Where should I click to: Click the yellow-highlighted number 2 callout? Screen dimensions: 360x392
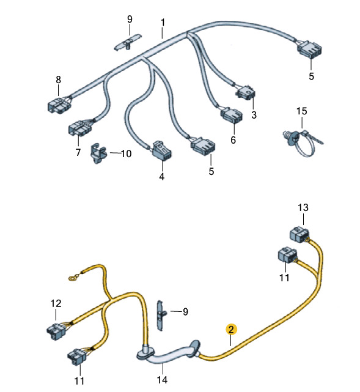231,330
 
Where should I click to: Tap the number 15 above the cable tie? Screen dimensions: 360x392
301,111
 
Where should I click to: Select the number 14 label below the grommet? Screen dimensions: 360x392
162,380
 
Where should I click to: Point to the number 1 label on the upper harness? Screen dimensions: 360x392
163,23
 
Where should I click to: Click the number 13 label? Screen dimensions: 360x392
303,207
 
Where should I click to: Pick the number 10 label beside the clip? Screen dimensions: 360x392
126,153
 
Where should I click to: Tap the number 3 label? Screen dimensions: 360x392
254,115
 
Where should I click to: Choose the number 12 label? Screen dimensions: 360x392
56,303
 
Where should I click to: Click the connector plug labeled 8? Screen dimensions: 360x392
59,105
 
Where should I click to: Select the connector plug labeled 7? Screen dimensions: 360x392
80,127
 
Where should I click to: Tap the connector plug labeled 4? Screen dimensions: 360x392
162,150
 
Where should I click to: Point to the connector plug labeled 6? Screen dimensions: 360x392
231,115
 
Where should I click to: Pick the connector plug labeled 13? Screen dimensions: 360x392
299,234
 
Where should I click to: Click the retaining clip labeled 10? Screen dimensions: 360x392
98,153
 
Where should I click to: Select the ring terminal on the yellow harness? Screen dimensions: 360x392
73,277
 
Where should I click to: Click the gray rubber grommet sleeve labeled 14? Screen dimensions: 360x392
169,352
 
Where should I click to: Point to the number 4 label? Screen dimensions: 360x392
161,177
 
